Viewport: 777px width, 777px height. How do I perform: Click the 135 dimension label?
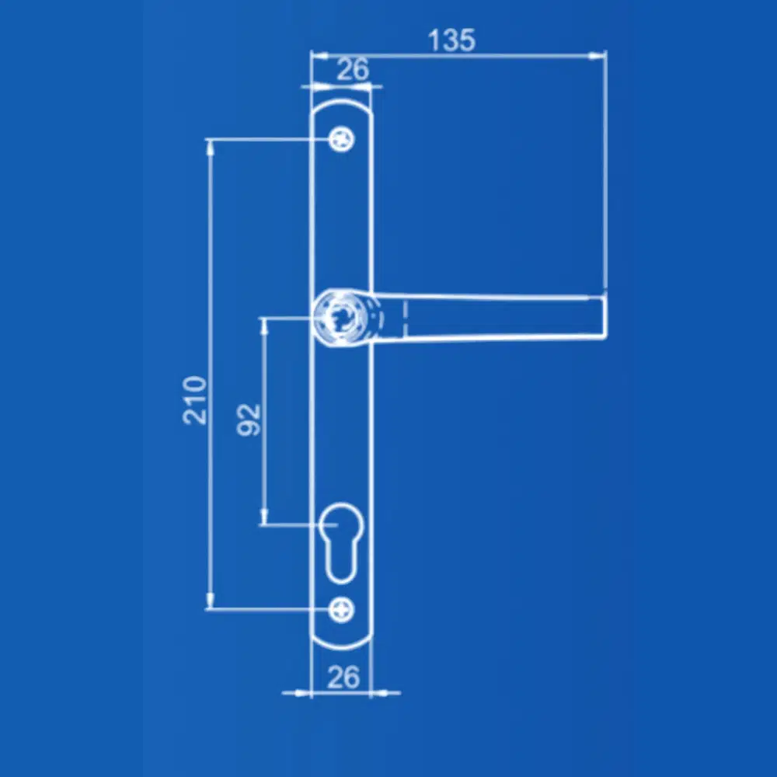(451, 40)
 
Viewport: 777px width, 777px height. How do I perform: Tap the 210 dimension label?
(194, 400)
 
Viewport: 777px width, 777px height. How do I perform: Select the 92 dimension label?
(249, 420)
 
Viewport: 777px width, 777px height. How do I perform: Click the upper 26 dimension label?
(354, 69)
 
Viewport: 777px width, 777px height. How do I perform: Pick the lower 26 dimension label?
(343, 677)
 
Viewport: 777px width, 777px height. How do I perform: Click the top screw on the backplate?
(341, 139)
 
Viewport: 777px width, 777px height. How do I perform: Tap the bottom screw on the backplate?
(341, 609)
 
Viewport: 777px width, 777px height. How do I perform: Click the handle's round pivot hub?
(342, 317)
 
